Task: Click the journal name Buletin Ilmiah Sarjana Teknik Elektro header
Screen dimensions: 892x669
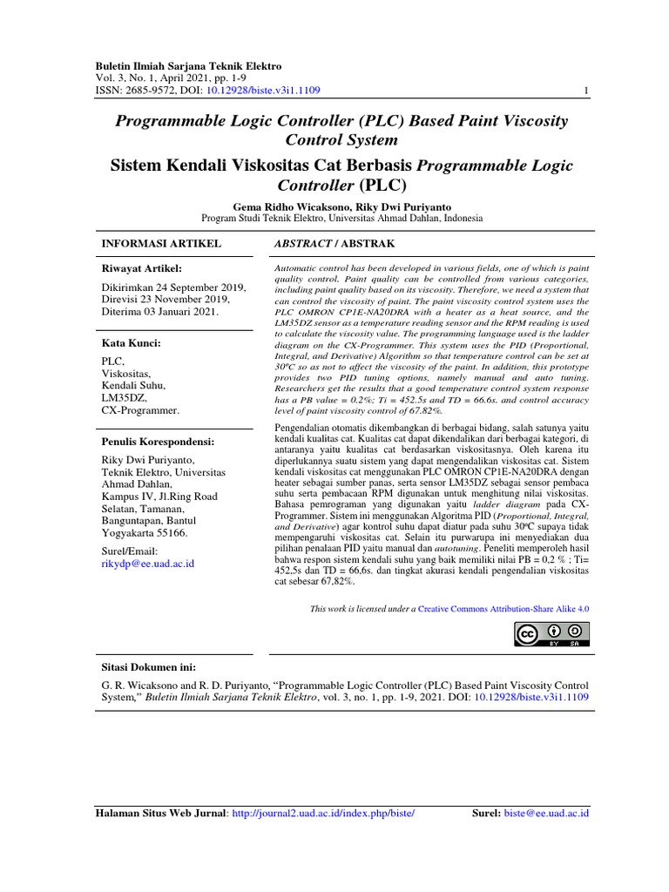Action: coord(188,66)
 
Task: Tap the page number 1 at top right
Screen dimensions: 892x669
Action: coord(587,91)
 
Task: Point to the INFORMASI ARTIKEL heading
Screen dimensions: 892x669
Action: coord(161,243)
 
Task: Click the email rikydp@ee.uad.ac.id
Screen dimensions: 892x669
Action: coord(147,564)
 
